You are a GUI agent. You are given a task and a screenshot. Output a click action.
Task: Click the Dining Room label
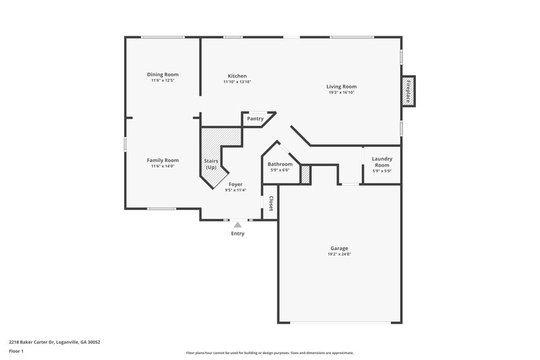[163, 74]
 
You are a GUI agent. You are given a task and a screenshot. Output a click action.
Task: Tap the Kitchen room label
[237, 76]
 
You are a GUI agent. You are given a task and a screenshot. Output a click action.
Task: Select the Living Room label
[342, 86]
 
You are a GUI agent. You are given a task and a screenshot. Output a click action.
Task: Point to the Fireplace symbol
[408, 91]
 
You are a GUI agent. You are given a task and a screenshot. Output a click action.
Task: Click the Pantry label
[255, 119]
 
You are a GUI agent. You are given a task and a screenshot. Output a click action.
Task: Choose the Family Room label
[163, 160]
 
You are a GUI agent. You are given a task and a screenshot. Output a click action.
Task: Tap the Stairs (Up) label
[211, 164]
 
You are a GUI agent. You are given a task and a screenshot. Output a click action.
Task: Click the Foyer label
[236, 184]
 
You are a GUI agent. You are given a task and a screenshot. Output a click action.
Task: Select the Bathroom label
[280, 164]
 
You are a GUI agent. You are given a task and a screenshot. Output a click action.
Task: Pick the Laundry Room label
[382, 161]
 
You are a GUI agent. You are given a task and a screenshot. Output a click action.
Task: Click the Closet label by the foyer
[271, 203]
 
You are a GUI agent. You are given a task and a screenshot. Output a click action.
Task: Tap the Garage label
[339, 248]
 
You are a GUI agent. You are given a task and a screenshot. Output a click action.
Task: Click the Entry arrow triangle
[238, 225]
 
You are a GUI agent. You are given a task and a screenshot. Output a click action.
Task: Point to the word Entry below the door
[238, 234]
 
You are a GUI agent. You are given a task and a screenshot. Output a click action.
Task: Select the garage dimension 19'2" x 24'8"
[339, 255]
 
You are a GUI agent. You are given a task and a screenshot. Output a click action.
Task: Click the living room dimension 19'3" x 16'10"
[342, 93]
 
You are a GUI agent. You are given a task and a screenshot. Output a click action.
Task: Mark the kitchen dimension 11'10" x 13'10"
[237, 82]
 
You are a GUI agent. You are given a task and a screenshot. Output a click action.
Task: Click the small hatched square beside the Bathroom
[305, 174]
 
